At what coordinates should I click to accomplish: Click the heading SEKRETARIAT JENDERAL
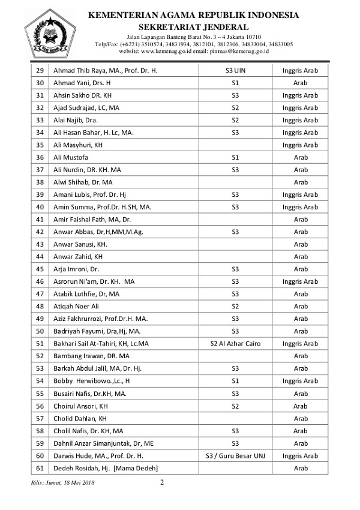coord(193,27)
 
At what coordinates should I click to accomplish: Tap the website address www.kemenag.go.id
coord(166,52)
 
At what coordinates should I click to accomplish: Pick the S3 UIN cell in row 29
coord(235,71)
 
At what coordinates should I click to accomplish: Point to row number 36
coord(40,158)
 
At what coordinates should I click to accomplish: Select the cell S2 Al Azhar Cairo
coord(235,344)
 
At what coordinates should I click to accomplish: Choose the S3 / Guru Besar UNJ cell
coord(235,455)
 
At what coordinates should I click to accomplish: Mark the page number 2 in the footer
coord(162,482)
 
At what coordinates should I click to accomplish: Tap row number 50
coord(40,331)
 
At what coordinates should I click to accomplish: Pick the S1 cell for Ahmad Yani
coord(235,83)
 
